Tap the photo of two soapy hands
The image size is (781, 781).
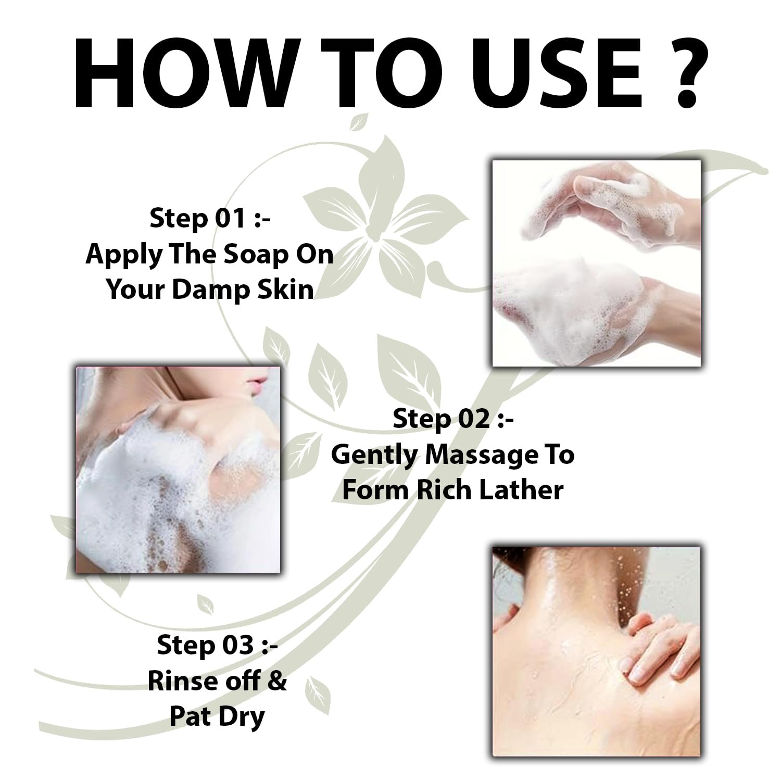click(x=597, y=263)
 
